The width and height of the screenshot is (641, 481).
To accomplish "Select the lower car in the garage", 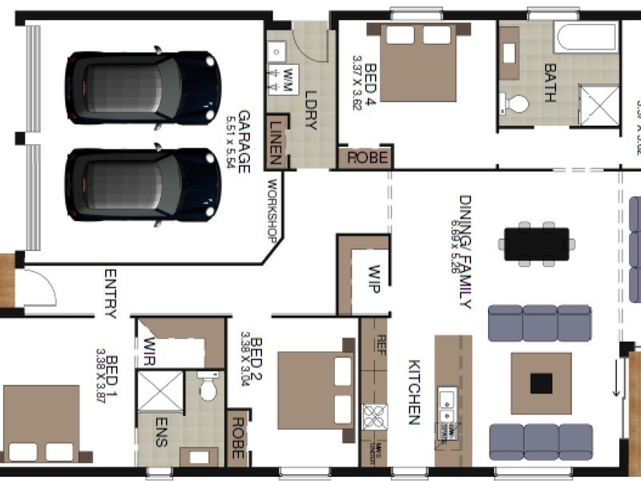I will click(143, 184).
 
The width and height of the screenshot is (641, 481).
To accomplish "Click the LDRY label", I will click(312, 110).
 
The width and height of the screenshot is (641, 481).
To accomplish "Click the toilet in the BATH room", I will click(515, 103).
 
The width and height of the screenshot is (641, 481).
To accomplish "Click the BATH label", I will click(550, 83).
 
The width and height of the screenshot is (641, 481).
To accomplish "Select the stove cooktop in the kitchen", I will click(374, 417).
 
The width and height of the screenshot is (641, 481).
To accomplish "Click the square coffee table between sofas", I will click(541, 383).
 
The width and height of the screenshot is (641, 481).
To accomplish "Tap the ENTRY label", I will click(111, 293).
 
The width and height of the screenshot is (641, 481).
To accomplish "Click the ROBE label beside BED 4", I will click(366, 158).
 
